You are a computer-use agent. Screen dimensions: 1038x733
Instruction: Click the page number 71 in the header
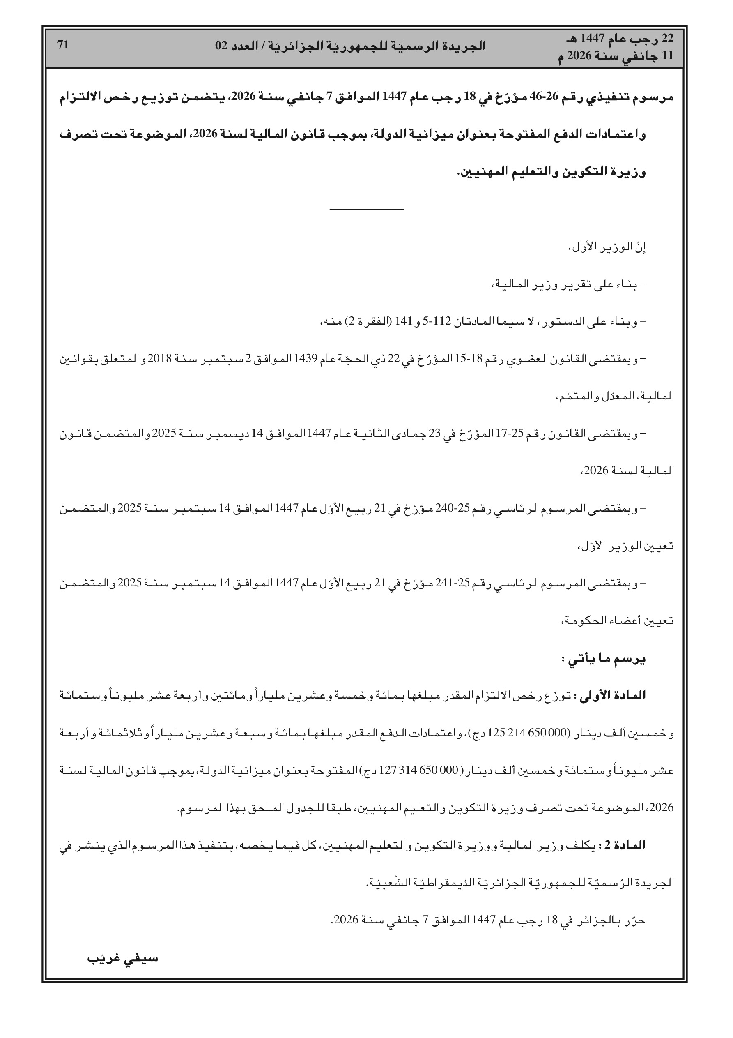point(63,45)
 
